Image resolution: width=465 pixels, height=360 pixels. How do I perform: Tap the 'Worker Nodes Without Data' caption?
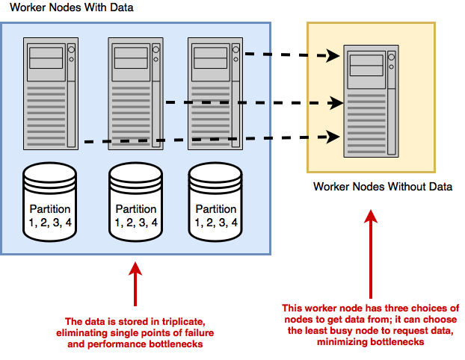[x=382, y=186]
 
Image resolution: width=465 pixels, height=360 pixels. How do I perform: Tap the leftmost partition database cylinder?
[x=50, y=202]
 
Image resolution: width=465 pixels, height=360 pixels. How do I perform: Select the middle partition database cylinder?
[x=135, y=202]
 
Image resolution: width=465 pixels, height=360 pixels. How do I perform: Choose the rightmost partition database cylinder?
[x=217, y=202]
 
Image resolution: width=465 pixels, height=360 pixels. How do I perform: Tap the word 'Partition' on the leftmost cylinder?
[x=50, y=209]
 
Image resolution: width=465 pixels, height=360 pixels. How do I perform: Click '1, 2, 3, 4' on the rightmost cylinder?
[x=217, y=222]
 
